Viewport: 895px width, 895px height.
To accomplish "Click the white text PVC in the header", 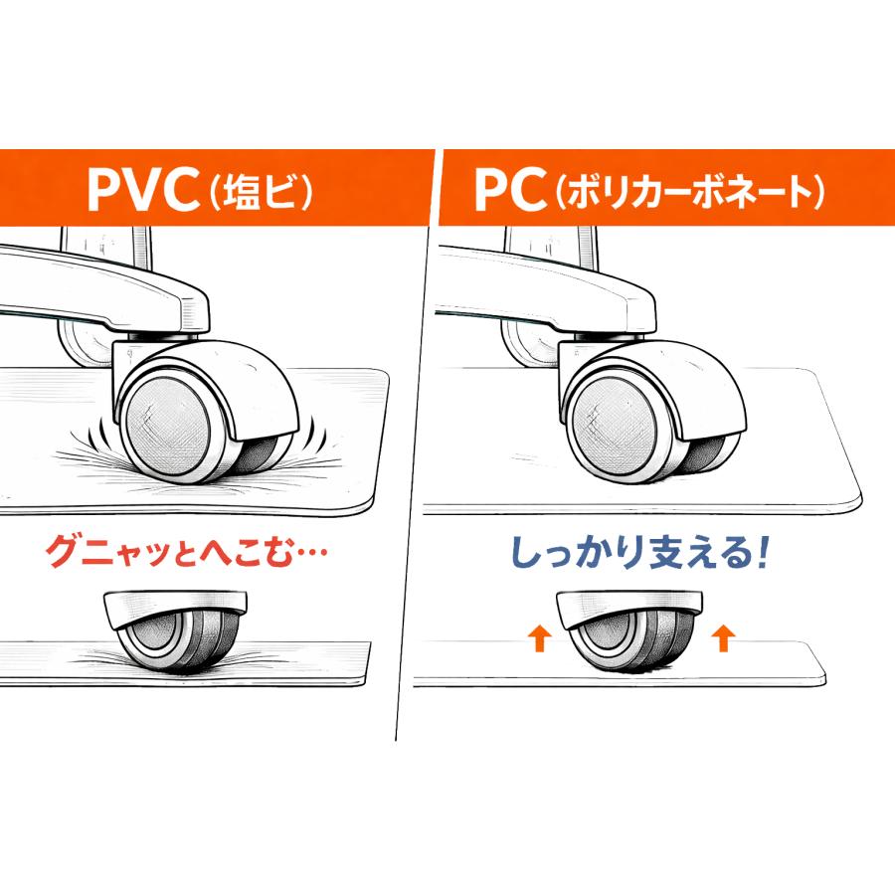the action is coord(142,190).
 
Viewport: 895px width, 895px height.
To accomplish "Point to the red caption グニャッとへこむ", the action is coord(170,551).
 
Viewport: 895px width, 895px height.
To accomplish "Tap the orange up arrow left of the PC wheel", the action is coord(538,637).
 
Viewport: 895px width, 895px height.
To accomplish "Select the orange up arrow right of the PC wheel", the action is coord(723,637).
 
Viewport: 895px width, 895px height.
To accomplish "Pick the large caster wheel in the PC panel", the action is coord(650,414).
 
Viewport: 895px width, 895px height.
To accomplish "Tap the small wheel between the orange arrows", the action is coord(629,631).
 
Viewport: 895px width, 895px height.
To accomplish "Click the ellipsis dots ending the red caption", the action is coord(311,553).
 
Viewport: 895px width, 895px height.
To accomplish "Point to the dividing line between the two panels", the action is coord(415,446).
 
